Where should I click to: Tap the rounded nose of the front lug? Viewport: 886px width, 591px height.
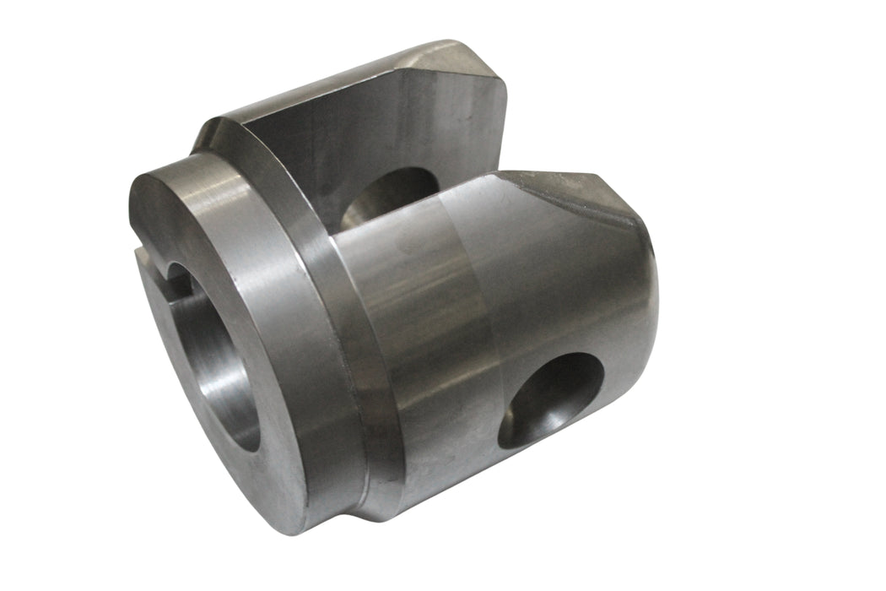(x=637, y=279)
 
